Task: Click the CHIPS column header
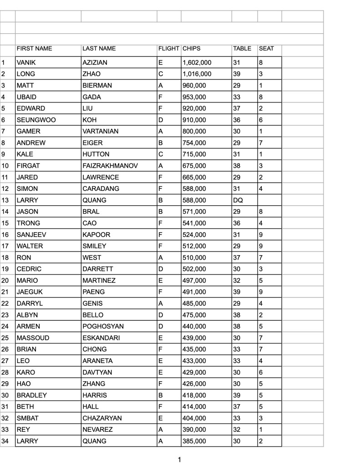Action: (x=192, y=49)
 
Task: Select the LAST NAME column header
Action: (x=99, y=49)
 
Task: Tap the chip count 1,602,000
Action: (x=197, y=62)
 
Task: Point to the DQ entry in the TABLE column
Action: (x=238, y=200)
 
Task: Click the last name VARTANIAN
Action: (x=101, y=131)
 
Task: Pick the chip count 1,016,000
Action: (x=197, y=74)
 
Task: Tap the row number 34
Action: (x=5, y=441)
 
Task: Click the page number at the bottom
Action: (x=179, y=460)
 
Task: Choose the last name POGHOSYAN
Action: (x=103, y=327)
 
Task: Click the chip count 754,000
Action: (x=194, y=143)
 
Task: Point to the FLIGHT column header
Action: (x=168, y=49)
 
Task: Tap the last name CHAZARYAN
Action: (x=102, y=418)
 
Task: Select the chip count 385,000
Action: (x=194, y=441)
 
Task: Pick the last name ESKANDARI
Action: (x=101, y=338)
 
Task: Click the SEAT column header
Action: (x=266, y=49)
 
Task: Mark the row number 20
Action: (x=5, y=281)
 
